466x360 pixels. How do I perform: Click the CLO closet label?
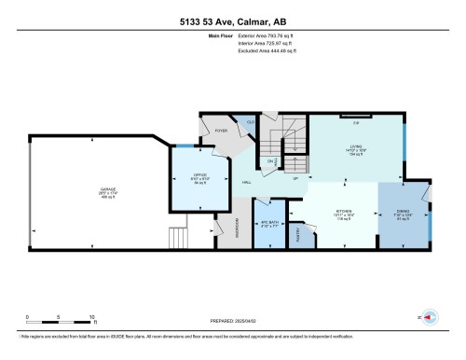pyautogui.click(x=252, y=121)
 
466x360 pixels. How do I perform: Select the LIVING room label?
pyautogui.click(x=356, y=145)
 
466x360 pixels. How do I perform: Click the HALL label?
pyautogui.click(x=246, y=182)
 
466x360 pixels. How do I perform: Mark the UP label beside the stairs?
pyautogui.click(x=295, y=177)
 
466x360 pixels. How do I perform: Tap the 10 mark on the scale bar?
pyautogui.click(x=91, y=316)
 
